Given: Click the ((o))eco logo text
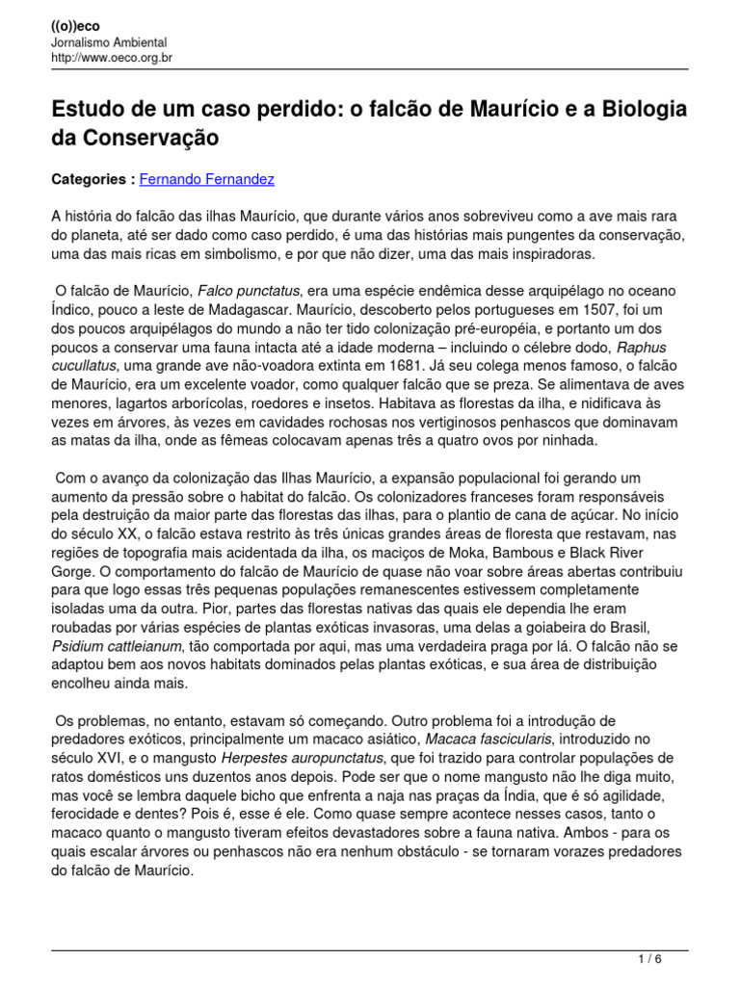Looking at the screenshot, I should tap(74, 26).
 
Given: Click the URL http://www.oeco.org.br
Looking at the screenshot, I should tap(112, 58).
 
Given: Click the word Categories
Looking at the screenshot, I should tap(88, 179).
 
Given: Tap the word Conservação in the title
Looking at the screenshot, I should tap(135, 139).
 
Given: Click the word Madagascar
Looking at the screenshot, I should tap(229, 309).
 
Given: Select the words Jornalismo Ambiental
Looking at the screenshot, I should tap(109, 42).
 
